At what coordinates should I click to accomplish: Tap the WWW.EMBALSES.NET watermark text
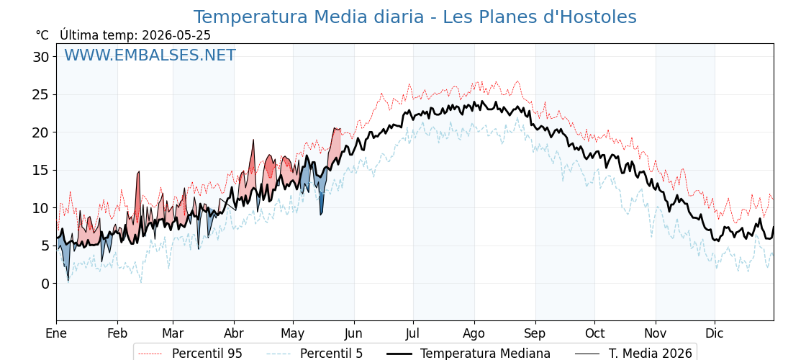tap(150, 55)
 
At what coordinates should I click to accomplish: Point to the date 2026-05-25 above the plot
tap(176, 35)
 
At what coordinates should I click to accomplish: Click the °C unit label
tap(42, 35)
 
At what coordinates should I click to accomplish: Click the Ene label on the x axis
tap(56, 333)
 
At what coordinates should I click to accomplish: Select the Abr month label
tap(234, 333)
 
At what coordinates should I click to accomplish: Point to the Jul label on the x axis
tap(413, 333)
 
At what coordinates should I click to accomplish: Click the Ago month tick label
tap(474, 333)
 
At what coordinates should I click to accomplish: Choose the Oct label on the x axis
tap(594, 333)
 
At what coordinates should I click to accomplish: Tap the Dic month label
tap(715, 333)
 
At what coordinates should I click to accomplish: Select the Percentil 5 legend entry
tap(315, 354)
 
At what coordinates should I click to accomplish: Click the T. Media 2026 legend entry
tap(634, 354)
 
